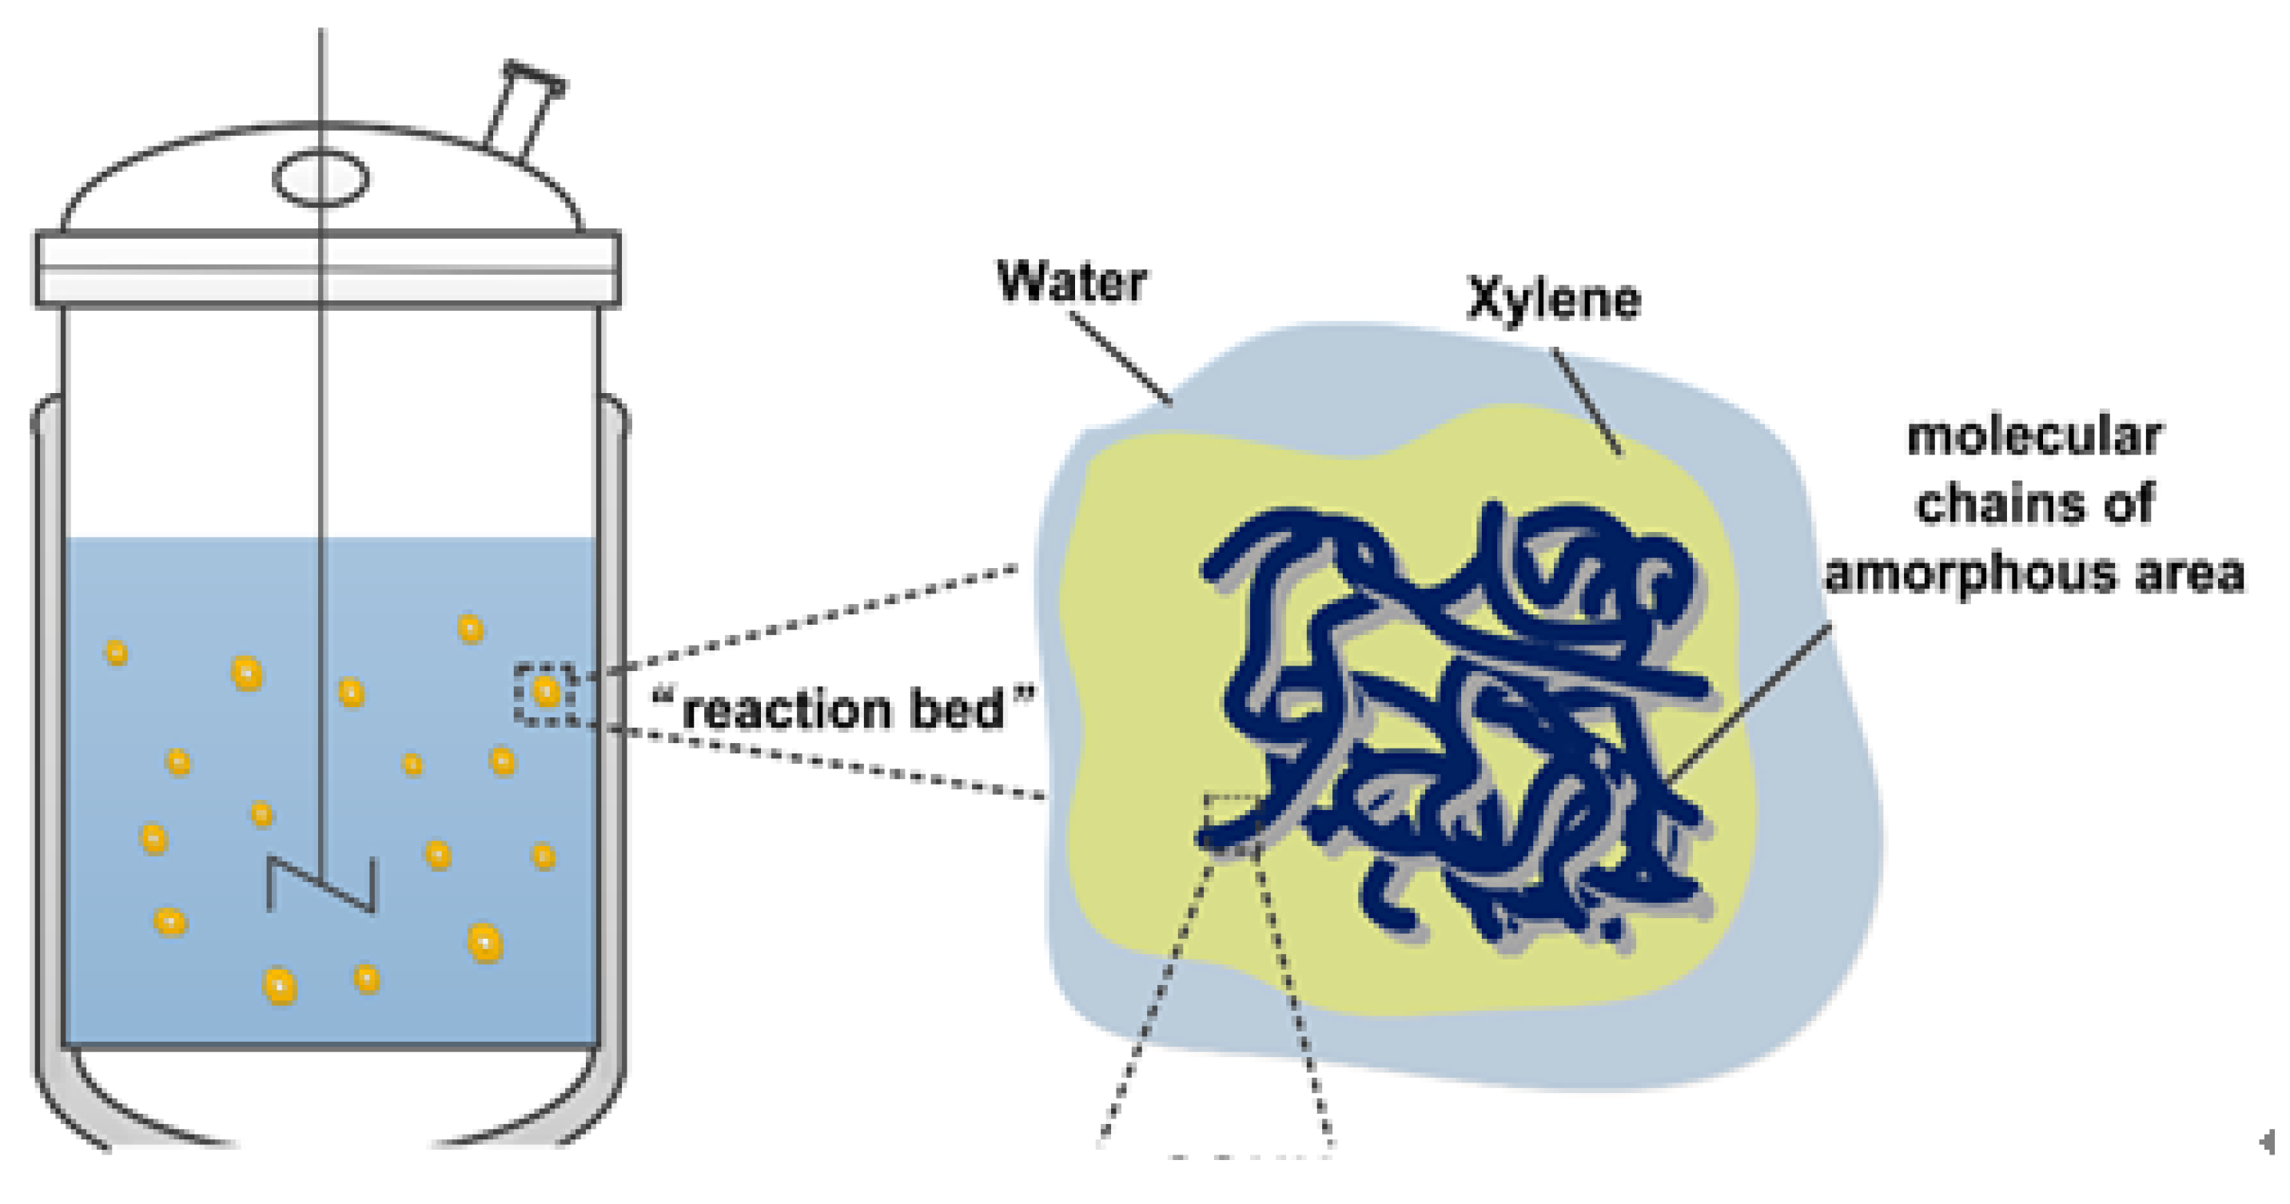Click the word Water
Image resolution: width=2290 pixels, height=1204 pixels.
[x=1072, y=283]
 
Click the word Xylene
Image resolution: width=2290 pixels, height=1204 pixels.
[x=1554, y=300]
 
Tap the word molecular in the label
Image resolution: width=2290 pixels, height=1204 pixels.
[x=2034, y=437]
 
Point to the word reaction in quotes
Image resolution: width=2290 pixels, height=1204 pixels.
[x=786, y=711]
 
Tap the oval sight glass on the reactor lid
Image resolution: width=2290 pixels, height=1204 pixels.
[x=321, y=177]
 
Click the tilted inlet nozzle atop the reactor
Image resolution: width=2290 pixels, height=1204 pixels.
[x=524, y=111]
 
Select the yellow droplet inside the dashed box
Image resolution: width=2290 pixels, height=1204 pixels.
[x=546, y=691]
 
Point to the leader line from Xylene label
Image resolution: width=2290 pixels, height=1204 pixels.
[x=1587, y=402]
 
